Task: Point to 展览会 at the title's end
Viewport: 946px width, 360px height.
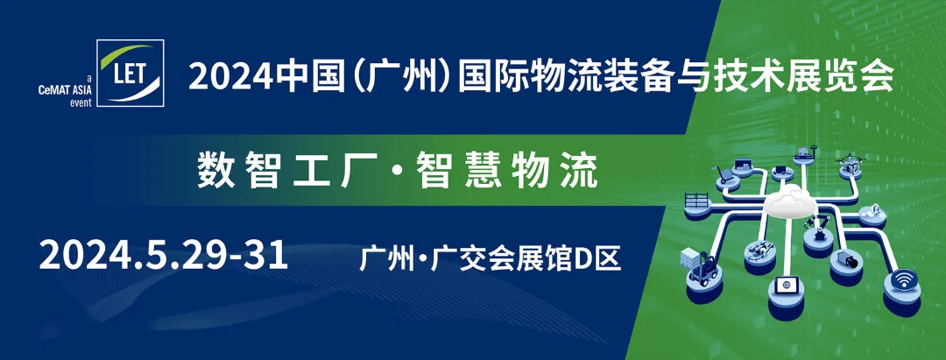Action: point(853,77)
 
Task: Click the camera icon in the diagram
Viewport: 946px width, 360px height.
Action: point(847,260)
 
